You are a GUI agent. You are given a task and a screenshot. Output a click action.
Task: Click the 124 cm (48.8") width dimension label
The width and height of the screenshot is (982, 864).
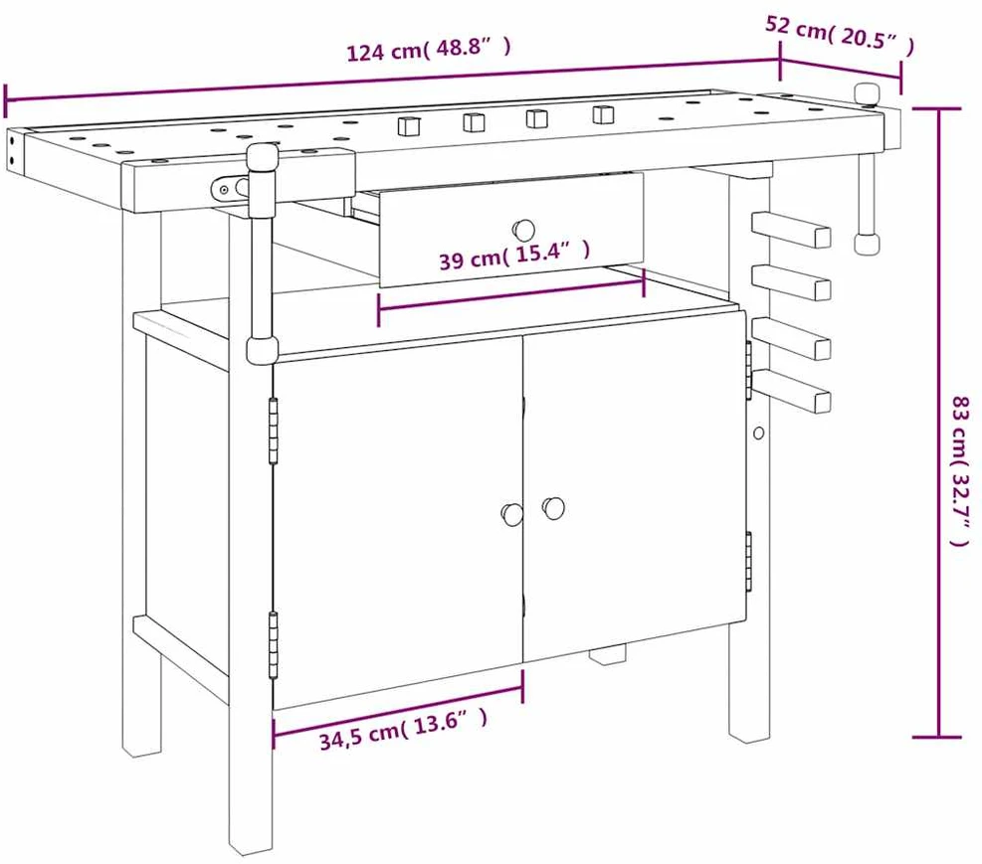pyautogui.click(x=429, y=48)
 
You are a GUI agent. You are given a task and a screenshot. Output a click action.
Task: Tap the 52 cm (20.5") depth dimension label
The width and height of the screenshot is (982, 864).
pyautogui.click(x=840, y=35)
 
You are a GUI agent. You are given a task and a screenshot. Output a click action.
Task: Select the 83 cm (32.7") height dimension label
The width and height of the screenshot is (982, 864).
pyautogui.click(x=961, y=470)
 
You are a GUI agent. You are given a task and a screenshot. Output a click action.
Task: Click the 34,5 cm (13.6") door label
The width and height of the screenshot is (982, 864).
pyautogui.click(x=403, y=730)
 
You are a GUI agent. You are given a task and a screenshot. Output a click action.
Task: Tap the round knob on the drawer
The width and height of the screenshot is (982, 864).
pyautogui.click(x=524, y=230)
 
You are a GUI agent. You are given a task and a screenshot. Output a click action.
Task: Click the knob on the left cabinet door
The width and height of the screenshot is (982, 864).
pyautogui.click(x=511, y=514)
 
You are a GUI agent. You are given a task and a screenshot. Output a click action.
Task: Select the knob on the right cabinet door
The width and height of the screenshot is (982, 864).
pyautogui.click(x=553, y=507)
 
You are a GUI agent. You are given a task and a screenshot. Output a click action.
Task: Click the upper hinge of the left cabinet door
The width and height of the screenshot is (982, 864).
pyautogui.click(x=273, y=431)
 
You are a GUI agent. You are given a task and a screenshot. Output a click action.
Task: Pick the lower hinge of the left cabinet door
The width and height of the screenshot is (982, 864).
pyautogui.click(x=273, y=645)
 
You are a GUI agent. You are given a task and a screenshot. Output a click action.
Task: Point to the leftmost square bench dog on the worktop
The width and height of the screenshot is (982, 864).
pyautogui.click(x=408, y=125)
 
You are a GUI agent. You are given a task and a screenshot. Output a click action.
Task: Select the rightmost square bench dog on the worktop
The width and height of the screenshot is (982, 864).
pyautogui.click(x=603, y=114)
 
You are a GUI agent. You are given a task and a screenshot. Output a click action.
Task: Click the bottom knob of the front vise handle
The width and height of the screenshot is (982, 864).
pyautogui.click(x=262, y=350)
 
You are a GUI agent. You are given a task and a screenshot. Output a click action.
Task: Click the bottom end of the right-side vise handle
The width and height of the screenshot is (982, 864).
pyautogui.click(x=868, y=243)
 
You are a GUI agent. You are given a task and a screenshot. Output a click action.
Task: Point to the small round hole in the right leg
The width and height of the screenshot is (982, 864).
pyautogui.click(x=758, y=432)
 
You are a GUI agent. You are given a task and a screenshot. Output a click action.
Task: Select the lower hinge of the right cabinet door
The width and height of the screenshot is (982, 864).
pyautogui.click(x=748, y=561)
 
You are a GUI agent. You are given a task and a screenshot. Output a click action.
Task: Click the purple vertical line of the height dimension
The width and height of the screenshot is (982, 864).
pyautogui.click(x=938, y=423)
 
